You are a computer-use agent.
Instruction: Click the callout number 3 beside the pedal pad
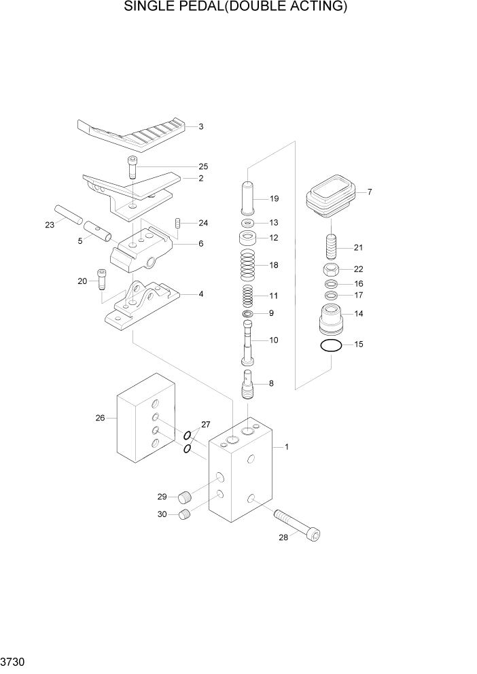point(201,126)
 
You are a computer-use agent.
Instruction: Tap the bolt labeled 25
point(132,167)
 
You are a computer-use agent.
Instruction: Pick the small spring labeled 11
point(248,296)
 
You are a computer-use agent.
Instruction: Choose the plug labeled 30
point(185,515)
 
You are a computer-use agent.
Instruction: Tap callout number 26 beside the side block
point(100,418)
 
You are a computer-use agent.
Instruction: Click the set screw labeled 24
point(178,224)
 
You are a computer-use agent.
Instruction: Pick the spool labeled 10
point(249,342)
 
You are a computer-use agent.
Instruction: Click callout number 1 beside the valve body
point(287,447)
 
